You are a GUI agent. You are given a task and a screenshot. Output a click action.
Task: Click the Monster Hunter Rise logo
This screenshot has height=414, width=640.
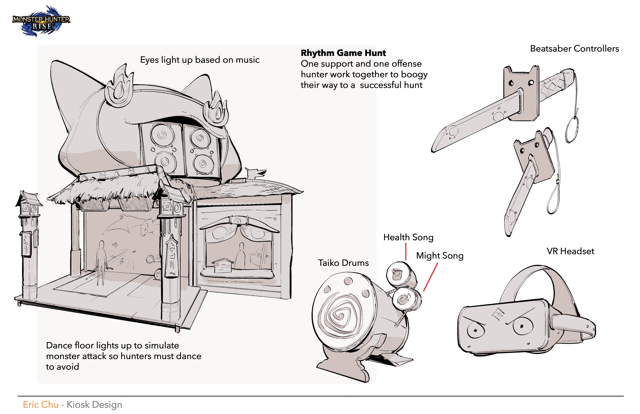[41, 21]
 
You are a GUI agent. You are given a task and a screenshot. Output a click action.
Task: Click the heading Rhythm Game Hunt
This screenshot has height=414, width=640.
[343, 53]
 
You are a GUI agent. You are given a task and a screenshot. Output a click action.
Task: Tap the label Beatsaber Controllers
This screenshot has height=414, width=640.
[574, 49]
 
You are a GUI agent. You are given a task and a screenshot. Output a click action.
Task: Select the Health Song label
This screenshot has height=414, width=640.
[408, 237]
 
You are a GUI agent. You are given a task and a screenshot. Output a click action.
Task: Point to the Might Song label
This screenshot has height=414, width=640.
[440, 256]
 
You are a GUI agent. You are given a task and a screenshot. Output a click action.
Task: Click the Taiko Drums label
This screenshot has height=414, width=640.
[343, 263]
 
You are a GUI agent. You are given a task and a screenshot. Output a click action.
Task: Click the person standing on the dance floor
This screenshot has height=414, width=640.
[101, 262]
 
